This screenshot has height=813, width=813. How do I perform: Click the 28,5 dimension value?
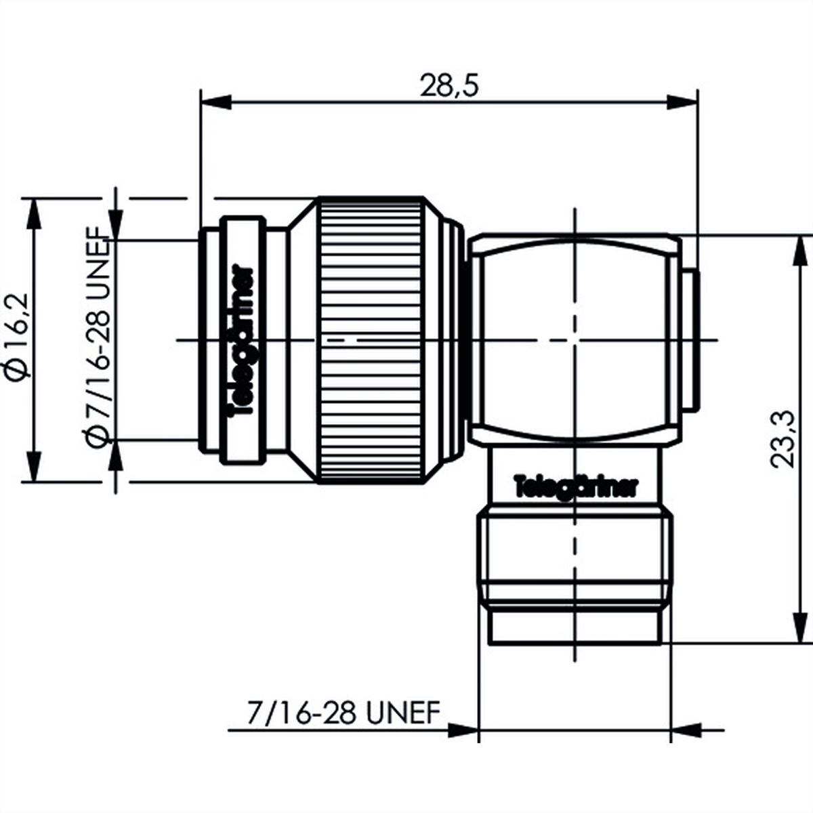pyautogui.click(x=449, y=86)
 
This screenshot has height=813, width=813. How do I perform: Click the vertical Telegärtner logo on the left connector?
pyautogui.click(x=243, y=342)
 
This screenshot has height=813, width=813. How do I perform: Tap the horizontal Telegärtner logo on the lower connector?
pyautogui.click(x=576, y=486)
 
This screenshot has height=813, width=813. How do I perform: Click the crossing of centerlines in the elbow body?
pyautogui.click(x=575, y=339)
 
